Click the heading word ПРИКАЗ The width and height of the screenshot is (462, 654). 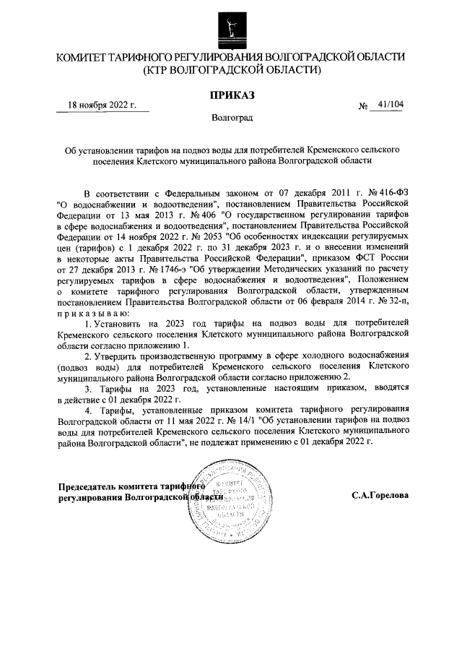coord(230,94)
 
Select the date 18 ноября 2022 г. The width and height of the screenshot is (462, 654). coord(102,105)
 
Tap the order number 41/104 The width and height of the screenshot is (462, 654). coord(390,105)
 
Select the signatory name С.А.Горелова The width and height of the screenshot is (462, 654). coord(380,496)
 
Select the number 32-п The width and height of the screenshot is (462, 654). coord(396,304)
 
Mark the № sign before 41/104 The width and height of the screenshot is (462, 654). coord(364,107)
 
